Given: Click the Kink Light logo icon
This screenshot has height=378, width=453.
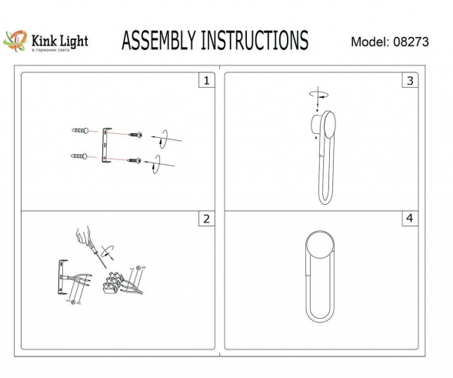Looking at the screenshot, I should click(x=16, y=40).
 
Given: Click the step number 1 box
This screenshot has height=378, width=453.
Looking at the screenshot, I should click(x=205, y=81).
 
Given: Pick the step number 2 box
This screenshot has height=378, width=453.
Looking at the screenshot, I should click(x=205, y=219).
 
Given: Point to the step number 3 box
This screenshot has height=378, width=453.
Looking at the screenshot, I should click(x=410, y=81).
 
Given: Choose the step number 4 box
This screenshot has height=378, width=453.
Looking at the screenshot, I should click(x=410, y=219).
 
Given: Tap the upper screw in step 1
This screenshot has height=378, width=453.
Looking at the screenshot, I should click(x=135, y=135).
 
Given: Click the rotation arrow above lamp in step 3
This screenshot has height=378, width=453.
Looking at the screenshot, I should click(x=317, y=94).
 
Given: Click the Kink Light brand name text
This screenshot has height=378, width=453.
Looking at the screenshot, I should click(x=58, y=38).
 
